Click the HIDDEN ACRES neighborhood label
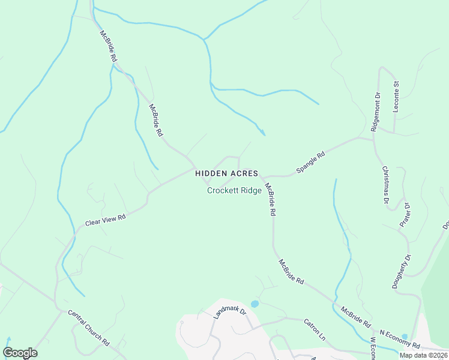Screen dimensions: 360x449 pyautogui.click(x=226, y=173)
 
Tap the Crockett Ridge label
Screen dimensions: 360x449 pyautogui.click(x=234, y=191)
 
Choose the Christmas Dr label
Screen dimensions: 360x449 pyautogui.click(x=385, y=186)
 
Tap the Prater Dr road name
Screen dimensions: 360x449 pyautogui.click(x=405, y=215)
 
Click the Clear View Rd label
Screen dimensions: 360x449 pyautogui.click(x=105, y=221)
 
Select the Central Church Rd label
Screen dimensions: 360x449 pyautogui.click(x=88, y=328)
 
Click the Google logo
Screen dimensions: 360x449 pyautogui.click(x=20, y=353)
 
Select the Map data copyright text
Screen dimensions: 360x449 pyautogui.click(x=423, y=355)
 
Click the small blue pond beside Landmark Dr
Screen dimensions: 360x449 pyautogui.click(x=255, y=304)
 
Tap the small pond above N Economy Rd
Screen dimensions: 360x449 pyautogui.click(x=404, y=337)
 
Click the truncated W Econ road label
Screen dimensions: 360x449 pyautogui.click(x=372, y=349)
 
